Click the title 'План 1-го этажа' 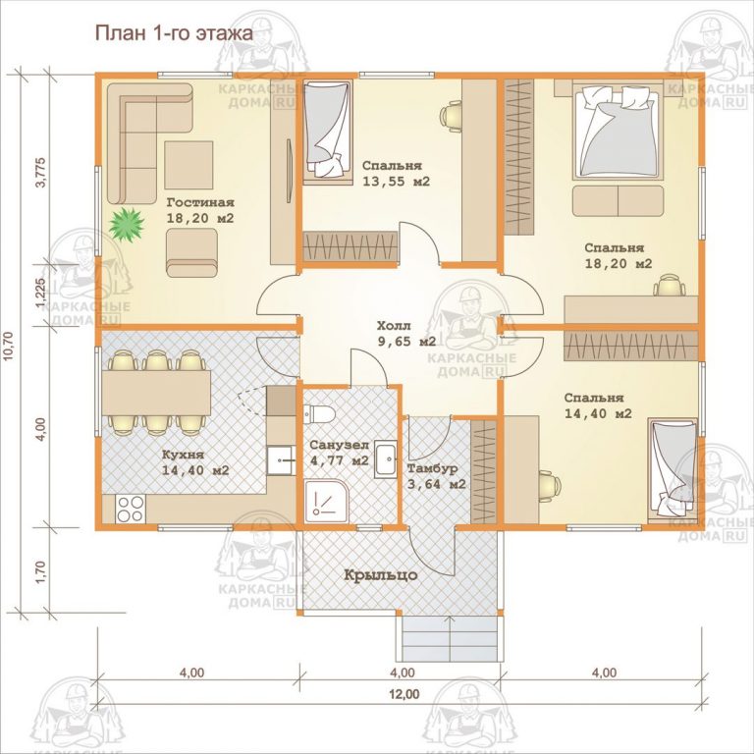pos(172,33)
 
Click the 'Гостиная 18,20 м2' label pos(199,210)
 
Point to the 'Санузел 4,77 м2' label pos(339,452)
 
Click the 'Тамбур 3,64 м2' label pos(437,476)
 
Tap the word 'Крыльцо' pos(381,574)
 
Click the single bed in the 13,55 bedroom pos(326,132)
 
